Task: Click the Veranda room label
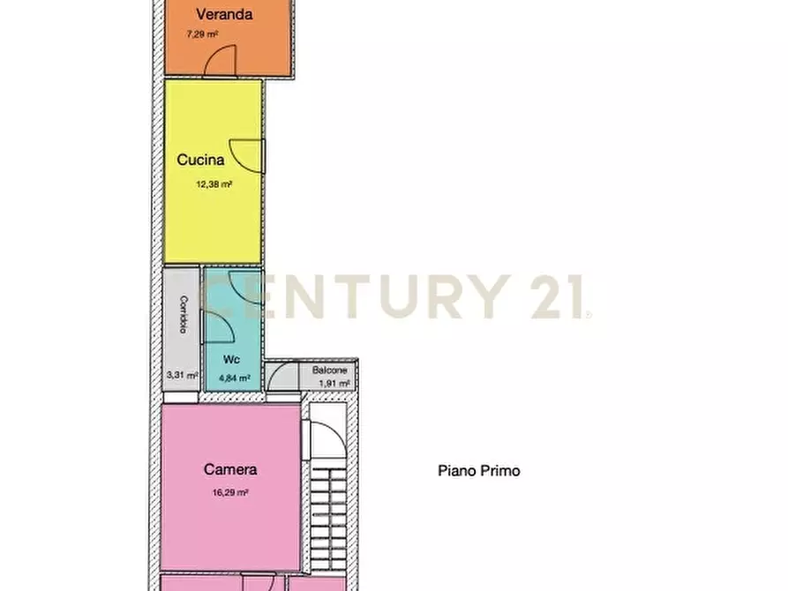coord(224,14)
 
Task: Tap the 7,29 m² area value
coord(202,34)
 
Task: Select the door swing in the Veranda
coord(220,60)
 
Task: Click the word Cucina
coord(200,160)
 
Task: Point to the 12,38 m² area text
coord(214,184)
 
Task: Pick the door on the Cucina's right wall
coord(247,156)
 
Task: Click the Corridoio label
coord(184,314)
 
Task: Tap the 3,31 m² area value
coord(182,375)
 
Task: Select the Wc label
coord(231,359)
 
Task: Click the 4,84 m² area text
coord(235,378)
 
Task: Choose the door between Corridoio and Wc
coord(218,326)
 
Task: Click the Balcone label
coord(330,370)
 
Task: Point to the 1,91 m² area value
coord(334,384)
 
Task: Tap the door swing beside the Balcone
coord(282,376)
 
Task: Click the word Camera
coord(230,469)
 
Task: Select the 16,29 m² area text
coord(230,493)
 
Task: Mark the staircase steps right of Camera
coord(328,518)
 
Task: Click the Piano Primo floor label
coord(479,471)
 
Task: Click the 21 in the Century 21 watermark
coord(558,296)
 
